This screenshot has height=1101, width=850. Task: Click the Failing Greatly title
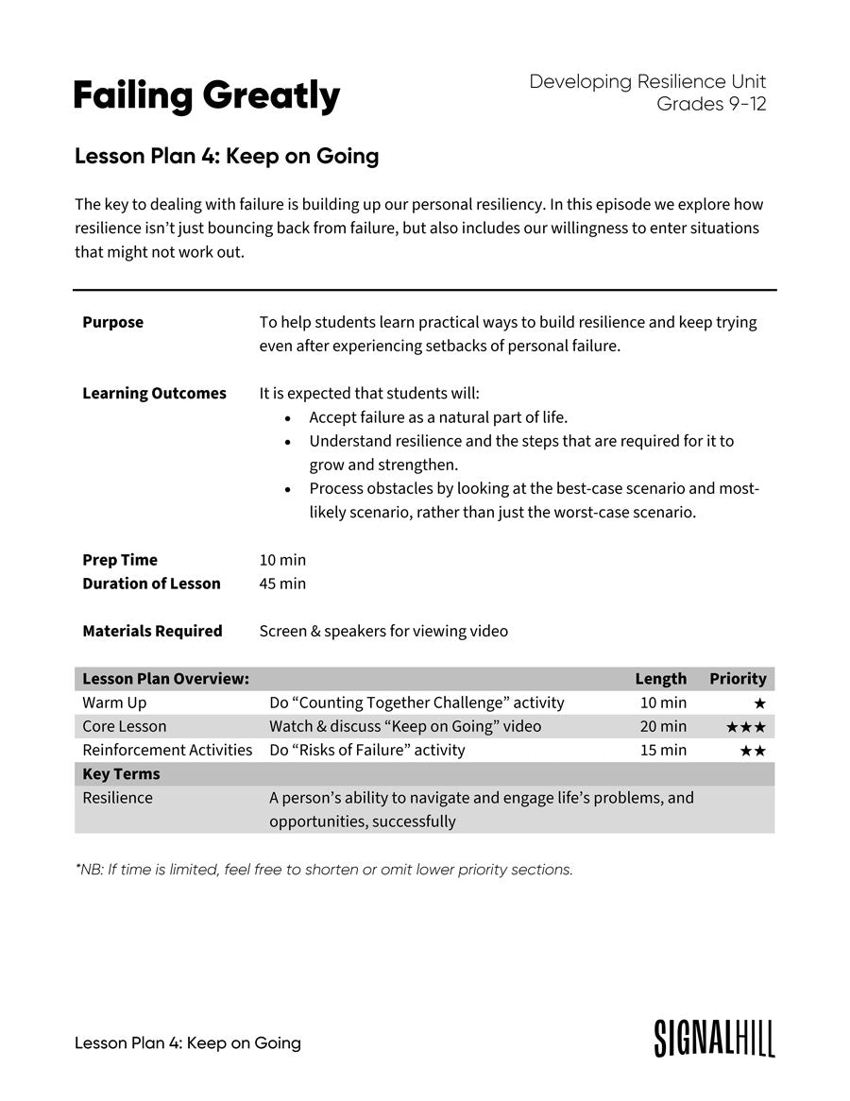(207, 96)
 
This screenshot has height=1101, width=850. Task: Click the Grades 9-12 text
(711, 104)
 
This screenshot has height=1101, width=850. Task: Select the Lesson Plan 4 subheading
(227, 156)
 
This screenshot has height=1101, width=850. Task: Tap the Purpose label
(113, 322)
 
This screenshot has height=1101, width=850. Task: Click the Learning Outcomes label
(154, 393)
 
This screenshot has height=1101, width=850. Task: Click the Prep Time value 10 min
(282, 560)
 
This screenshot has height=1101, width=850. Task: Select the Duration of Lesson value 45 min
(282, 584)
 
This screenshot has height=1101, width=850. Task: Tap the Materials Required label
(152, 631)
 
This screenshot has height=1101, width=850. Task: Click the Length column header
(660, 679)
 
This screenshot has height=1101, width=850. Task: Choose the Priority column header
(738, 679)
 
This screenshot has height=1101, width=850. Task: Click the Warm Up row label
(114, 703)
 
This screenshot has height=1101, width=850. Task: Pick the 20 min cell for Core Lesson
(663, 726)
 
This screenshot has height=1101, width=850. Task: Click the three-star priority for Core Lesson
(745, 727)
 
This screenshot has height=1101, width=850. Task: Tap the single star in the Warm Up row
(759, 703)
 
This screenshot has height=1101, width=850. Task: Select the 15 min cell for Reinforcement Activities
(663, 750)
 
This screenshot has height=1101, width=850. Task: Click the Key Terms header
(121, 773)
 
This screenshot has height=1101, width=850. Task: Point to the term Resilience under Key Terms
(117, 797)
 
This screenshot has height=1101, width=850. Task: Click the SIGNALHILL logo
(714, 1038)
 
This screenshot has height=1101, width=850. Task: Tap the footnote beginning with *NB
(324, 869)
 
